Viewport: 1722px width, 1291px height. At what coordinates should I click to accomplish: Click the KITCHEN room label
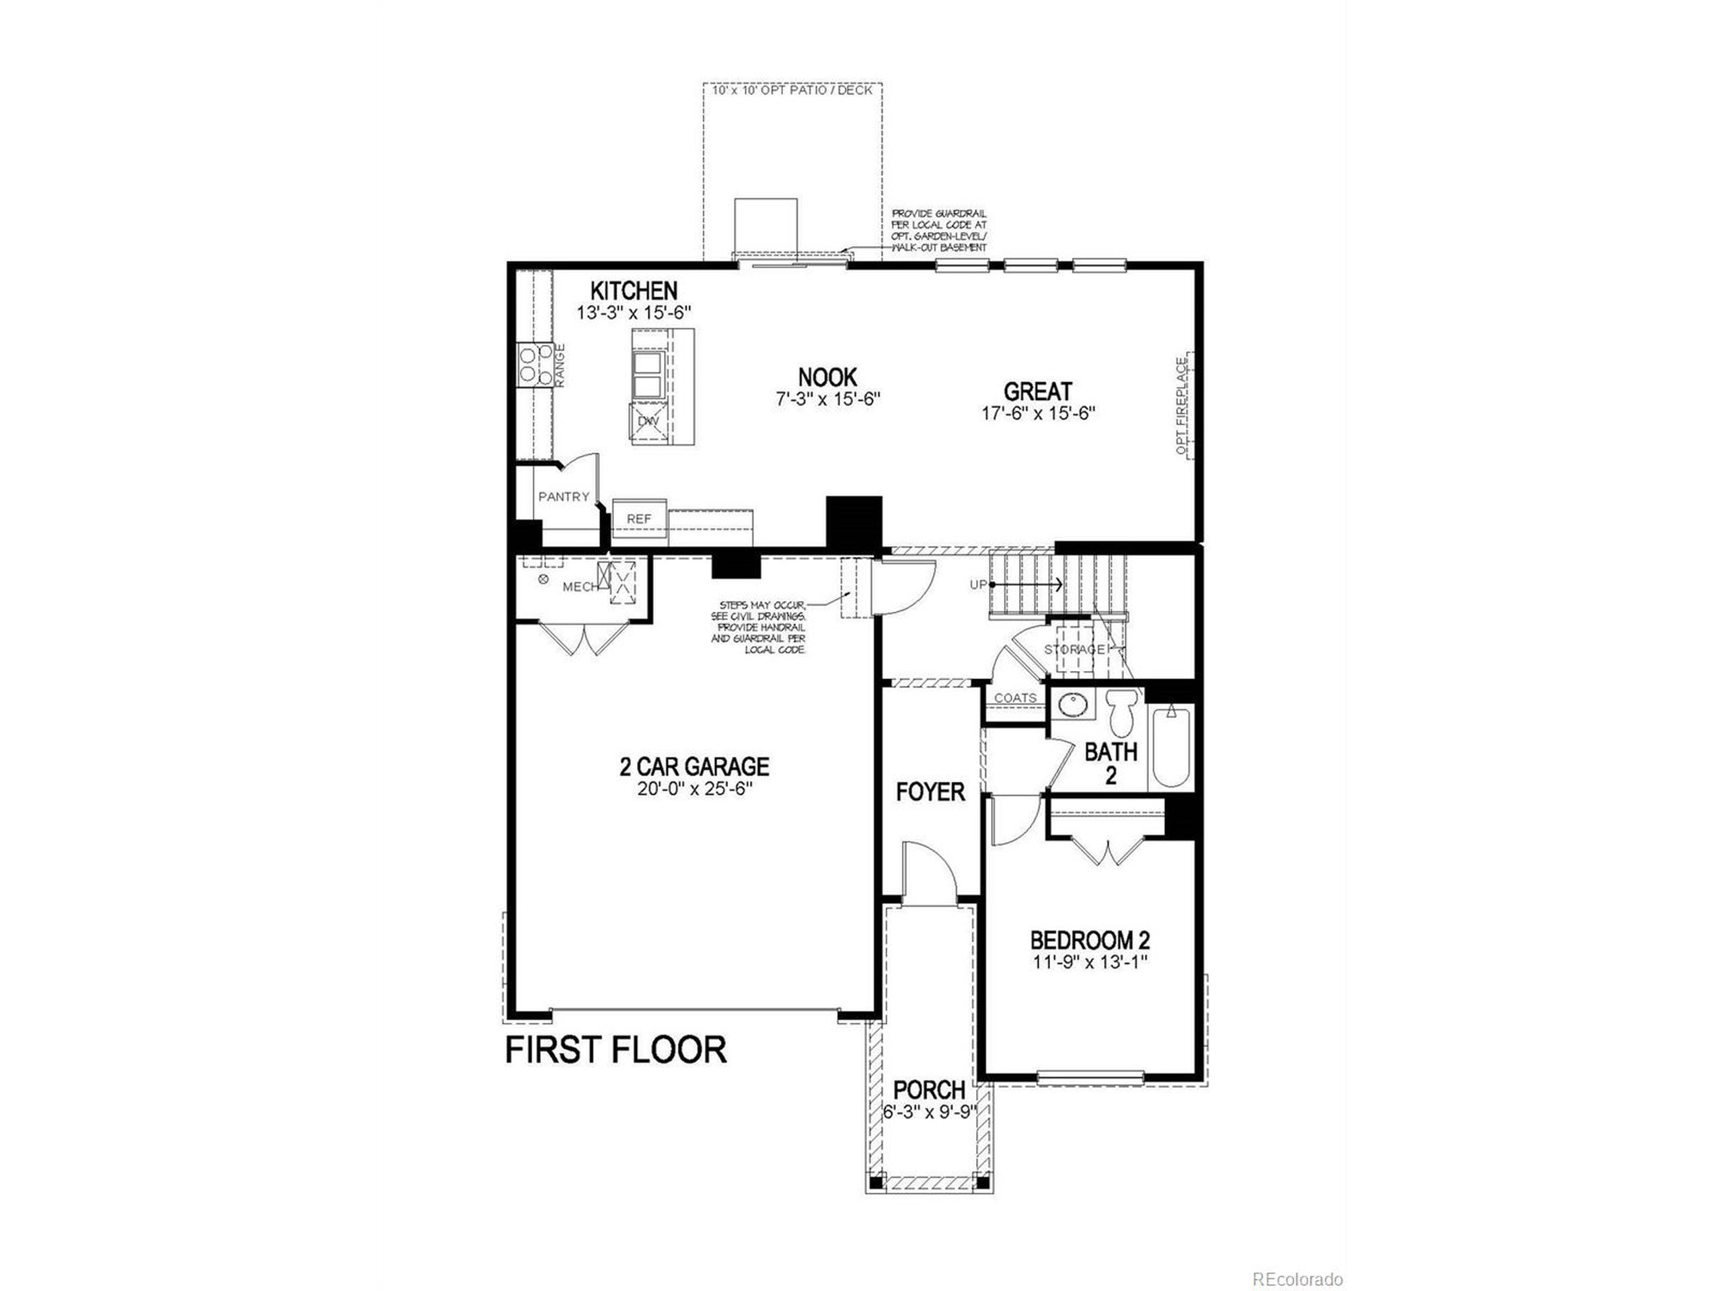[x=634, y=291]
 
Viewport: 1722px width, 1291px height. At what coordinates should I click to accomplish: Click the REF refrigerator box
[x=639, y=518]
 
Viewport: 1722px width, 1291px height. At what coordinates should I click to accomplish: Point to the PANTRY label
[x=564, y=496]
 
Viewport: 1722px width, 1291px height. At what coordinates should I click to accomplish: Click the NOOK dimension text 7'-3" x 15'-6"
[x=827, y=399]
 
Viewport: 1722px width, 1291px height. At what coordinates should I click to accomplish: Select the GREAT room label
[x=1038, y=391]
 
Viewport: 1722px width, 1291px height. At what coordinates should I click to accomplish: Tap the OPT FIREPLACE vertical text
[x=1183, y=406]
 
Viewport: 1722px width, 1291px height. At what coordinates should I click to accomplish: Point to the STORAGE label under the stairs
[x=1074, y=649]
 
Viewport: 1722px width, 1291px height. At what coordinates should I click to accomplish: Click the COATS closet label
[x=1015, y=698]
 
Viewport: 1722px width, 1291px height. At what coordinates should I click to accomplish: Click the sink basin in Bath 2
[x=1075, y=706]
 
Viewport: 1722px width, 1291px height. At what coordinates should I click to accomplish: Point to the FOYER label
[x=930, y=792]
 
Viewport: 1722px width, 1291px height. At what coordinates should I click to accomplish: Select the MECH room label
[x=580, y=588]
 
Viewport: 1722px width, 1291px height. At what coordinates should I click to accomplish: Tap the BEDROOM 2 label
[x=1090, y=939]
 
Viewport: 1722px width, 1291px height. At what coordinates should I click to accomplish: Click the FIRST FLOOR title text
[x=615, y=1050]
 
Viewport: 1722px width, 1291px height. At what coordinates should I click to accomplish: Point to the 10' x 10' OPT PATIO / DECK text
[x=792, y=90]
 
